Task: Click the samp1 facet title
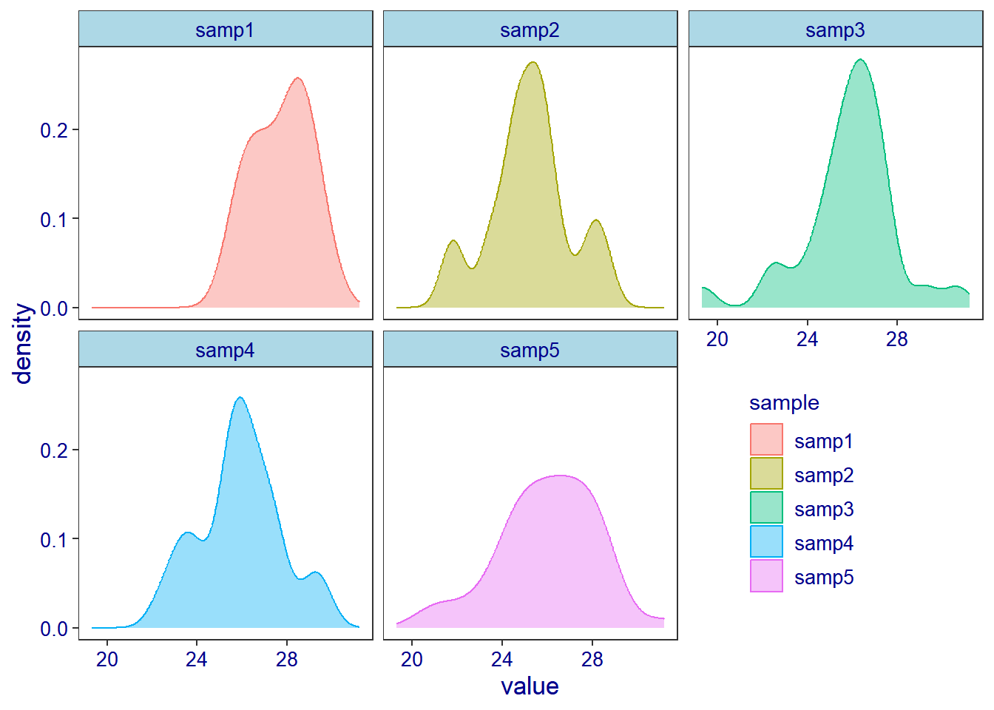tap(225, 30)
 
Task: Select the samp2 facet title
tap(530, 30)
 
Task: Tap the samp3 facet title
tap(835, 30)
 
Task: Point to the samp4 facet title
tap(225, 351)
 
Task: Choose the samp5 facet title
tap(530, 351)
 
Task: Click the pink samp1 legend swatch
tap(766, 439)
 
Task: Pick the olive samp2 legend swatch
tap(766, 473)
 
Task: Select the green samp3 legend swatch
tap(766, 507)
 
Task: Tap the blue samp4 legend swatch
tap(766, 541)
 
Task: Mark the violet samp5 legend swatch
tap(766, 575)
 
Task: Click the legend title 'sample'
tap(784, 403)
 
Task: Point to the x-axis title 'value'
tap(530, 686)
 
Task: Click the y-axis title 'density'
tap(24, 343)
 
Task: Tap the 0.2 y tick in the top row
tap(54, 130)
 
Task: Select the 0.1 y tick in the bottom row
tap(54, 540)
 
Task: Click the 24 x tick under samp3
tap(807, 339)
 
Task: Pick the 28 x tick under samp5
tap(592, 660)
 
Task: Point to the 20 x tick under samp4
tap(107, 660)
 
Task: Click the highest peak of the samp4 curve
tap(240, 398)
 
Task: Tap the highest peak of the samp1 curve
tap(297, 78)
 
